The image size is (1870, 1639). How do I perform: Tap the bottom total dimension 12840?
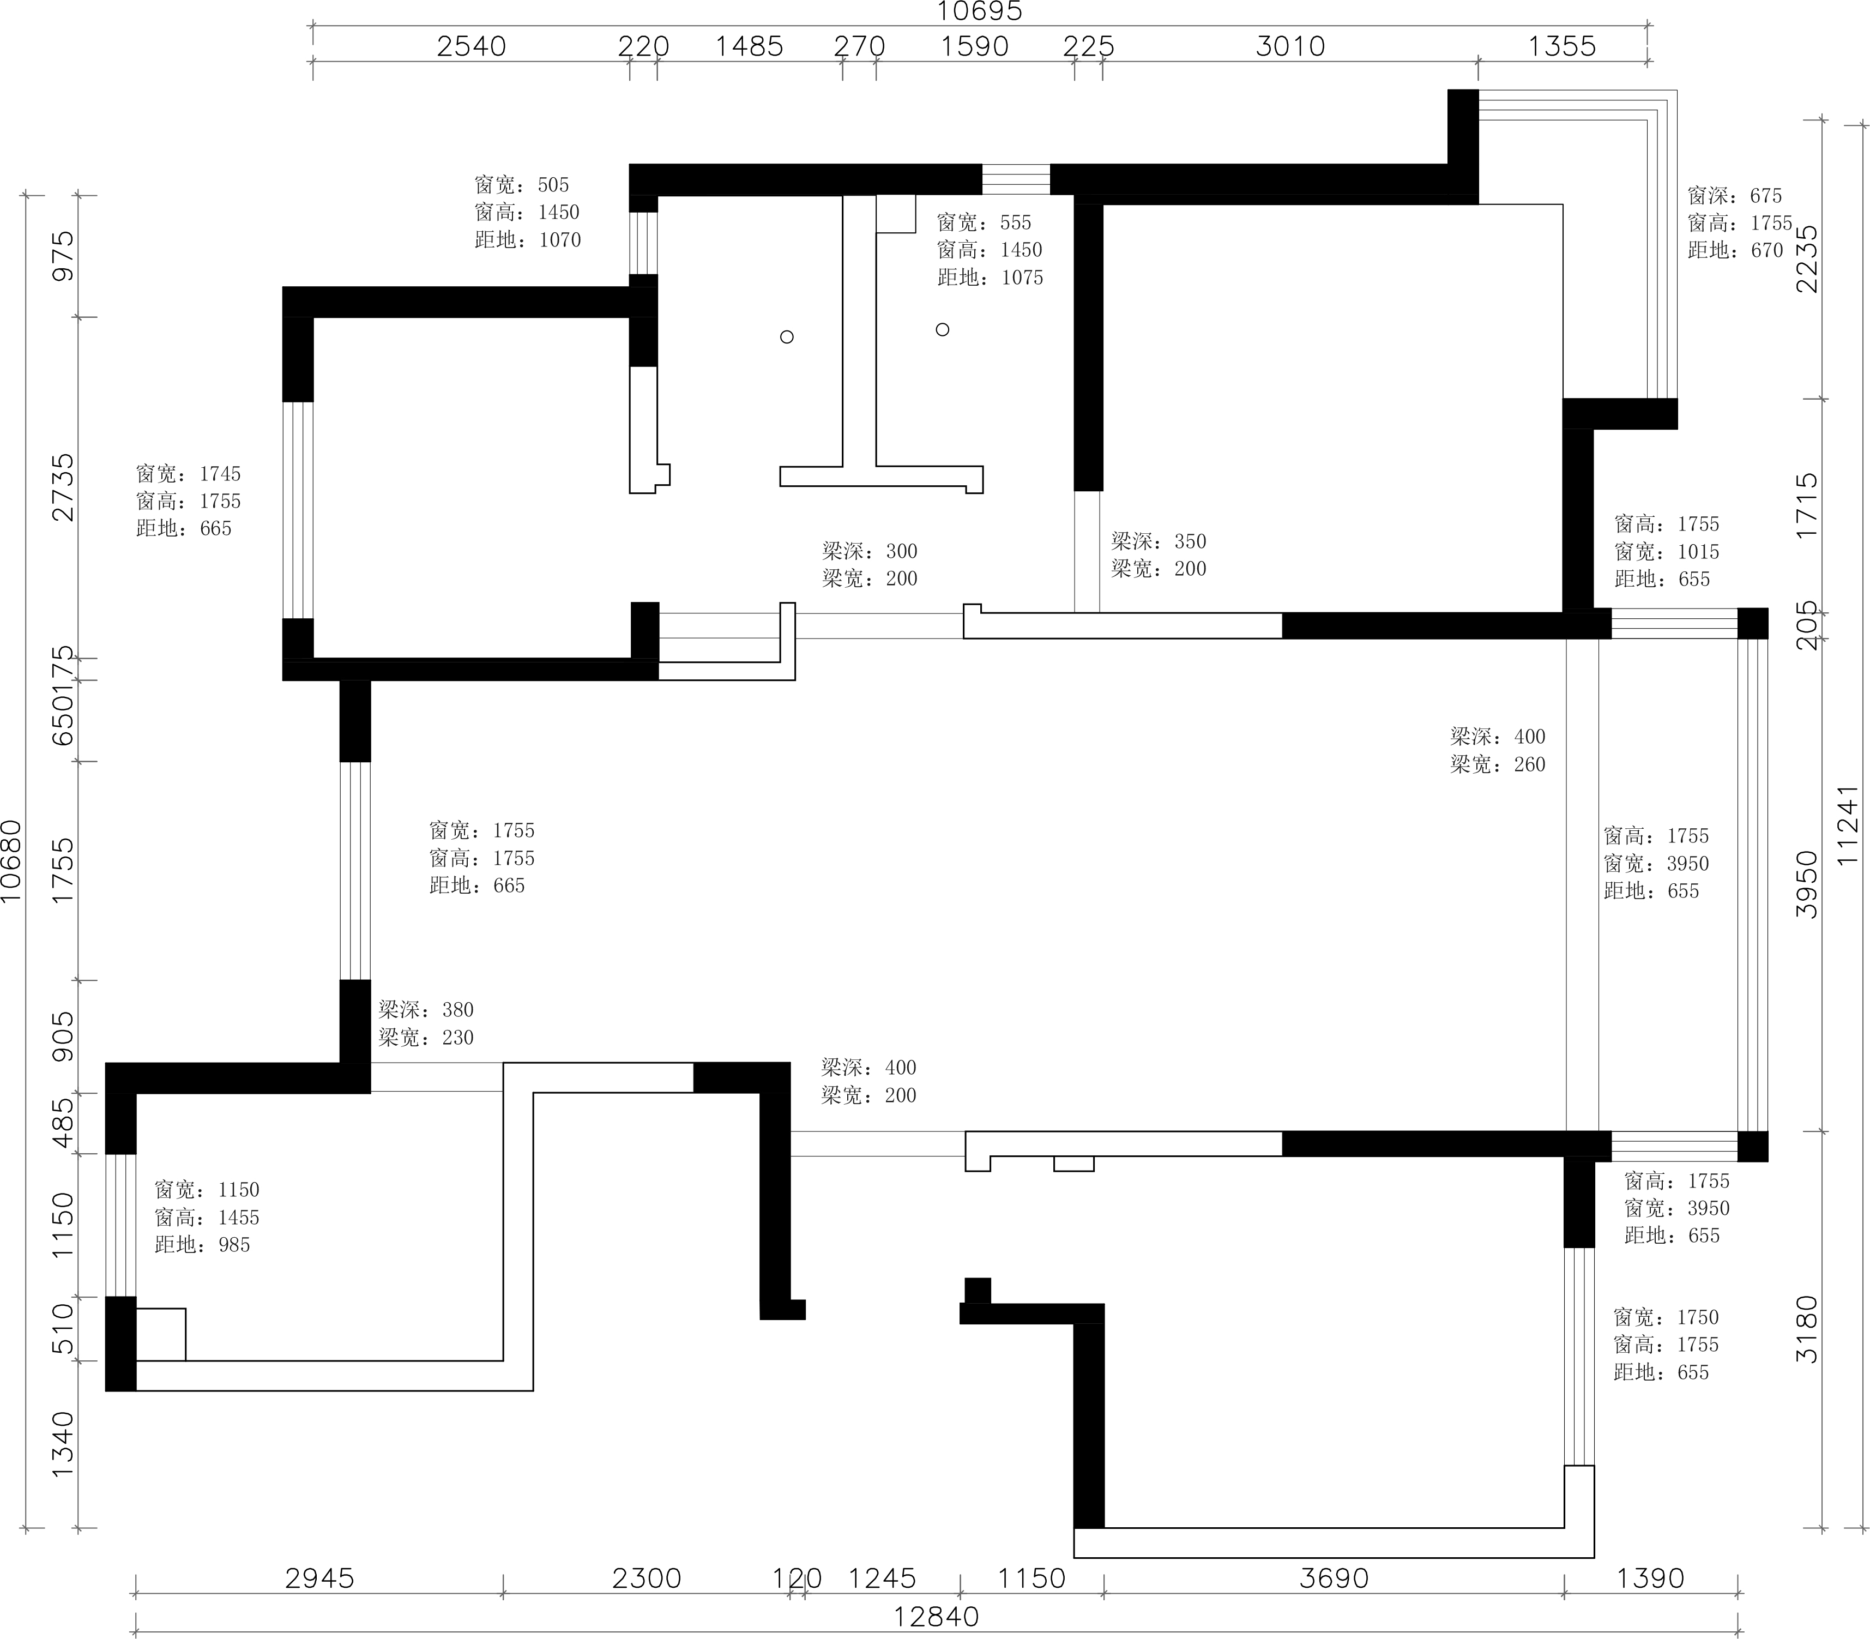(937, 1616)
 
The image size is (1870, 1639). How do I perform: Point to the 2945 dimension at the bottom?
(319, 1578)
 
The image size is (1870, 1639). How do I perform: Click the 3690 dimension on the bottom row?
(1334, 1578)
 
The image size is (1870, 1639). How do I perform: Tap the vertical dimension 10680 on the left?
(11, 860)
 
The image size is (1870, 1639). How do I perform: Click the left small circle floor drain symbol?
(786, 336)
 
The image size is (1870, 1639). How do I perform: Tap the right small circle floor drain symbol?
(942, 329)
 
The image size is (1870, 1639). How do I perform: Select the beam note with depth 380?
(426, 1023)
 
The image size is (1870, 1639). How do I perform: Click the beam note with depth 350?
(1159, 555)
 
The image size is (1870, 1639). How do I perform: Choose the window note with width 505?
(528, 212)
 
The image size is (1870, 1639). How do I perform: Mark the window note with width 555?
(990, 250)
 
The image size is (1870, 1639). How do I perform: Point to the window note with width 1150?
(207, 1218)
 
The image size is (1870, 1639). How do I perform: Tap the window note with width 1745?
(189, 501)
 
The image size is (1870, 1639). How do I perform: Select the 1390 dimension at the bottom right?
(1650, 1578)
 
